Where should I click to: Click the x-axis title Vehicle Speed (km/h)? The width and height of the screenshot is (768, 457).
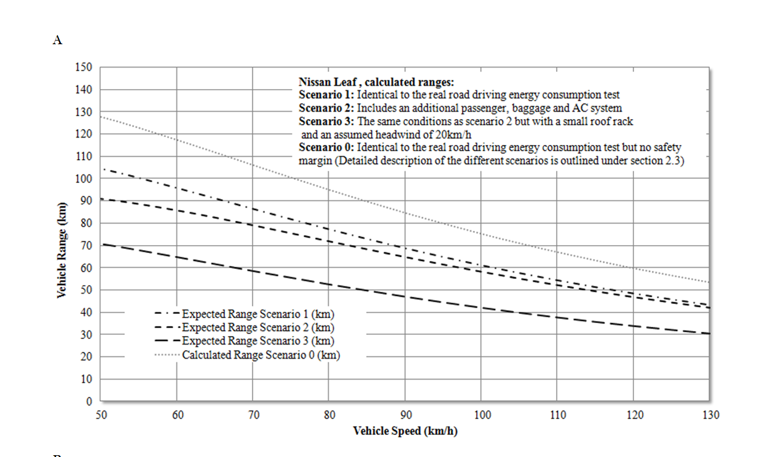405,431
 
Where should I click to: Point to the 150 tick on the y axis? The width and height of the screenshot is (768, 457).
84,67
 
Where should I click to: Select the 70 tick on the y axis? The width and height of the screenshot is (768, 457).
87,245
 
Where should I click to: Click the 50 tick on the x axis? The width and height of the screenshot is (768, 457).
101,415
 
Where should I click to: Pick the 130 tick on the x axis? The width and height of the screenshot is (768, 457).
710,415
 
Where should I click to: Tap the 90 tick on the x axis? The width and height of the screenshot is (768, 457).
406,415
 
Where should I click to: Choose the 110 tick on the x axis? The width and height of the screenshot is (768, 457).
558,415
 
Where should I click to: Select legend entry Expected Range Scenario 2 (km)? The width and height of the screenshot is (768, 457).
258,328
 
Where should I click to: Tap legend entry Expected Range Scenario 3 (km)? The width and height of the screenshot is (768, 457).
258,341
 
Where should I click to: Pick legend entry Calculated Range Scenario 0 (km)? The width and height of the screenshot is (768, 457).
261,354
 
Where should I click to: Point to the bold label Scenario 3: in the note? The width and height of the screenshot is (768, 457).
326,122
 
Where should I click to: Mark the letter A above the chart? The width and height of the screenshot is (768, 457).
58,40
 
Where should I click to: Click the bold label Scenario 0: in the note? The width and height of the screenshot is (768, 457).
326,147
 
